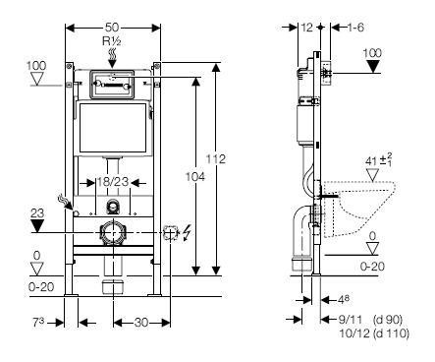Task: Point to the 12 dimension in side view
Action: pyautogui.click(x=308, y=27)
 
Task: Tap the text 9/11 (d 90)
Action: pyautogui.click(x=370, y=319)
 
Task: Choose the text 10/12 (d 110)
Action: pyautogui.click(x=373, y=332)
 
